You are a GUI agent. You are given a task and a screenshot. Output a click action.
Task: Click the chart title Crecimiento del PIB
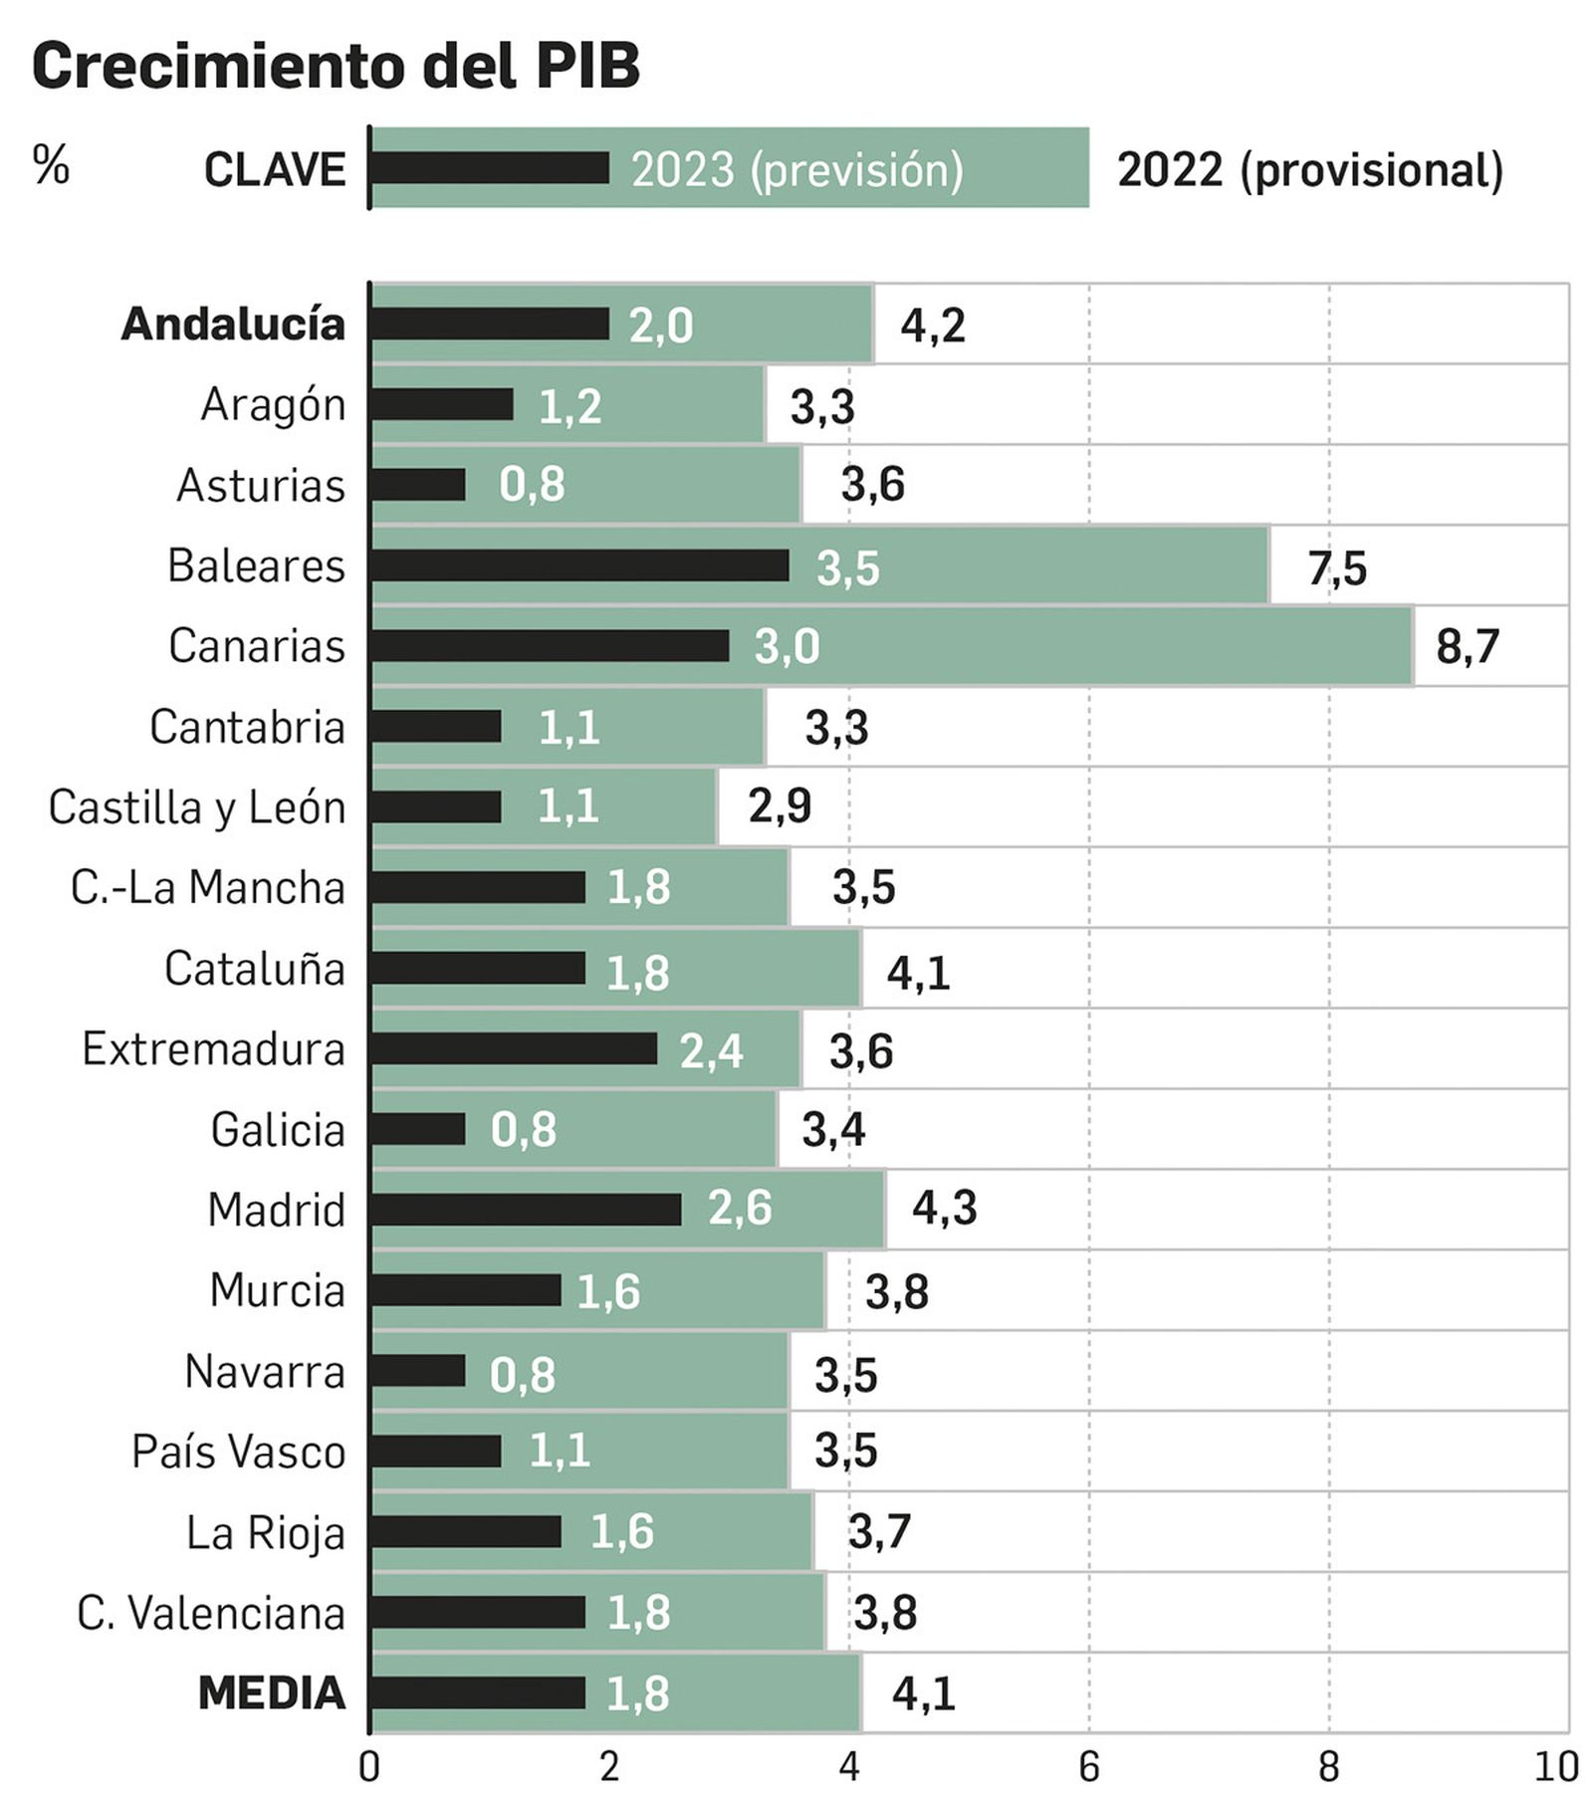point(336,66)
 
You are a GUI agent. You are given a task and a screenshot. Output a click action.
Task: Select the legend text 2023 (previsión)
point(796,169)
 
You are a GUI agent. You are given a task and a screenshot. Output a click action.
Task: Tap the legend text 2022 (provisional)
point(1309,169)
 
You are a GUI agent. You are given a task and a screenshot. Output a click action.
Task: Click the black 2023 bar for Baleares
point(579,565)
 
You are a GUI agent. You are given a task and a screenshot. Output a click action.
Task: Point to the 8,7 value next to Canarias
point(1467,647)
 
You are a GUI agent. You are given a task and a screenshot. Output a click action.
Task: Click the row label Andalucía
point(233,325)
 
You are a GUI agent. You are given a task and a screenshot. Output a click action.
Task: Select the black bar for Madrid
point(526,1210)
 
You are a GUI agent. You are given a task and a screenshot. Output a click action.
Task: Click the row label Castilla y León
point(197,807)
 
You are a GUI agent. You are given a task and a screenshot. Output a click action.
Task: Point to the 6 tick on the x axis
point(1088,1767)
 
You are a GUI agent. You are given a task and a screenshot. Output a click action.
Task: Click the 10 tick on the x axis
point(1556,1767)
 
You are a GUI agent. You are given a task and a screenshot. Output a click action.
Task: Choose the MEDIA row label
point(271,1693)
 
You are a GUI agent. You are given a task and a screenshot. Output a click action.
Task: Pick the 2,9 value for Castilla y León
point(780,806)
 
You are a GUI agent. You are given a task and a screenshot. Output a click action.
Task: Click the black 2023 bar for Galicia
point(418,1129)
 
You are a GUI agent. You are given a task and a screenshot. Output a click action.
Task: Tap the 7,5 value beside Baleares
point(1336,568)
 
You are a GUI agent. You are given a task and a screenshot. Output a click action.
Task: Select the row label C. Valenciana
point(211,1613)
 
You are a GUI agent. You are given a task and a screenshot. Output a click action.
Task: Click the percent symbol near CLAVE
point(51,164)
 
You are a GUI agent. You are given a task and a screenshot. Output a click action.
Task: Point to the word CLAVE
point(275,169)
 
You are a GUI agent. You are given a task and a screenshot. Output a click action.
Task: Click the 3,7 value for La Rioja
point(878,1531)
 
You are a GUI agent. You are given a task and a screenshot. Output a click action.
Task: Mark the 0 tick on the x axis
point(369,1767)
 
